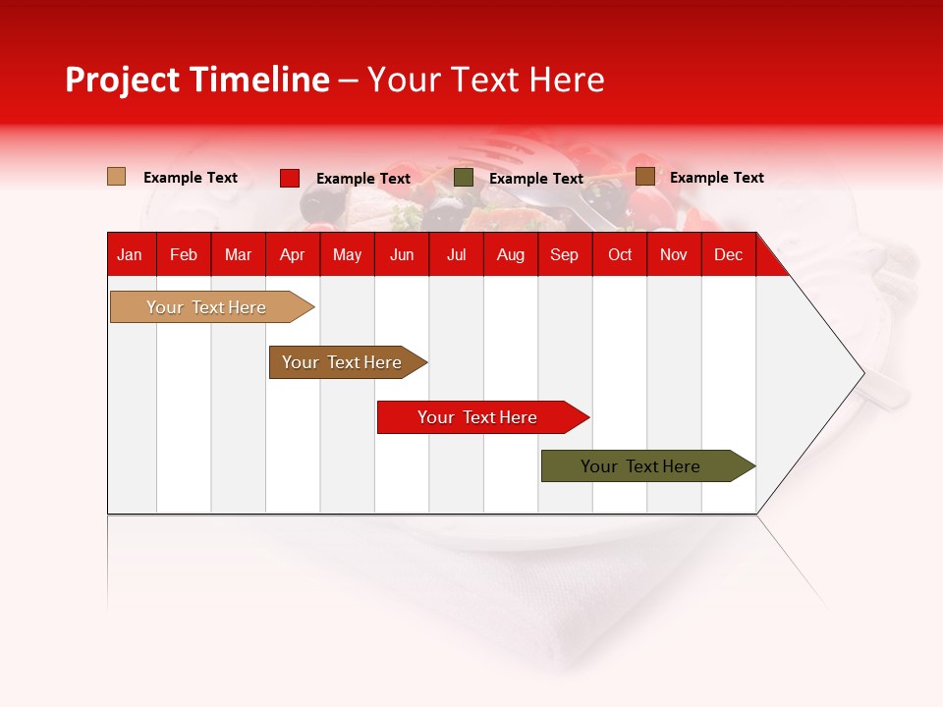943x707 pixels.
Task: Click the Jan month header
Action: (130, 255)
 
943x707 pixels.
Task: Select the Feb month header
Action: (184, 255)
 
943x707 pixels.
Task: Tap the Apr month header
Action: (293, 255)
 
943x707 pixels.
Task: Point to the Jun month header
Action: (402, 255)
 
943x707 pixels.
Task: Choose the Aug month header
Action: (511, 255)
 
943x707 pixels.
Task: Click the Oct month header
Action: (620, 255)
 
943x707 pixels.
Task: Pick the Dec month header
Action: (728, 255)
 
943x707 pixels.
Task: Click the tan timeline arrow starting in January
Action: (212, 307)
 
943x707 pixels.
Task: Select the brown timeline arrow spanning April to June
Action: (348, 362)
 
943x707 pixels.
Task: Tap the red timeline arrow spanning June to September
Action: (483, 417)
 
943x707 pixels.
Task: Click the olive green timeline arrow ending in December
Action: (648, 465)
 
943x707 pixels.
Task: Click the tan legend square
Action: (117, 177)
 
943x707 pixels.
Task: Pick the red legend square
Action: (290, 178)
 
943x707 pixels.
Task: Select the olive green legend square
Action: (463, 178)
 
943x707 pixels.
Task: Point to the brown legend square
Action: (645, 177)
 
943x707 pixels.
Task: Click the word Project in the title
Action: (122, 80)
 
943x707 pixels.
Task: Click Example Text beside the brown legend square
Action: (717, 178)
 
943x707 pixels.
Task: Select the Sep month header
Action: (564, 255)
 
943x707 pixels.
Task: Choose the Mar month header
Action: (238, 255)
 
